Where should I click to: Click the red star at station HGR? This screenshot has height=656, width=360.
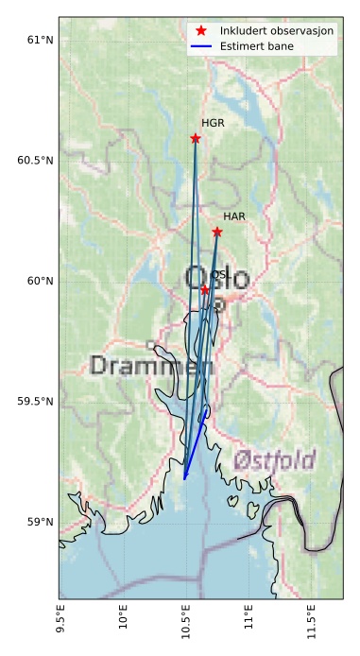[x=196, y=138]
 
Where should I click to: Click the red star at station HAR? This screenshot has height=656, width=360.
[x=217, y=232]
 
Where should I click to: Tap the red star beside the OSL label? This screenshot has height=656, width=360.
[x=205, y=290]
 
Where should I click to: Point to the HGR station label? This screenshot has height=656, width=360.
[x=213, y=124]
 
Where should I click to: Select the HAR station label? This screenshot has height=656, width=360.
[x=234, y=216]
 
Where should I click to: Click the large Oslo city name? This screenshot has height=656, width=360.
[x=217, y=279]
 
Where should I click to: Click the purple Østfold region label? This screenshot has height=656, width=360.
[x=274, y=461]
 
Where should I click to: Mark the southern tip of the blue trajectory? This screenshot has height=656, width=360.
[x=184, y=479]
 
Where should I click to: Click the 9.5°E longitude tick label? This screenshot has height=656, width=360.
[x=63, y=621]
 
